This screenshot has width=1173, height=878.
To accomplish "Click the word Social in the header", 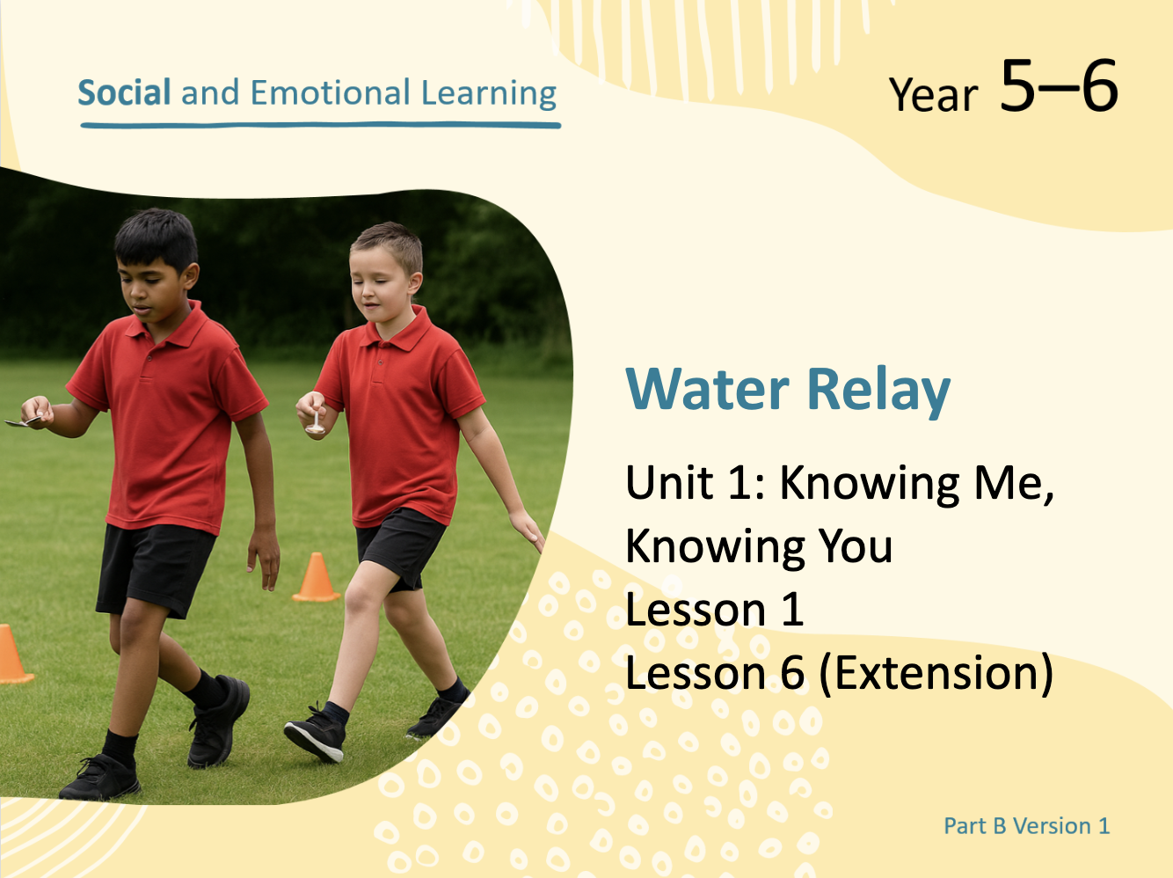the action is tap(124, 92).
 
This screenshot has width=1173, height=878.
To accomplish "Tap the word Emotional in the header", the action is tap(330, 92).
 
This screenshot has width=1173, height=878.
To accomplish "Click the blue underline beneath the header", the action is tap(321, 126).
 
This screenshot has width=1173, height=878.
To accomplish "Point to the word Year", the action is tap(933, 95).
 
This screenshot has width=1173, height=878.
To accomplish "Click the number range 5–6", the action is tap(1059, 85).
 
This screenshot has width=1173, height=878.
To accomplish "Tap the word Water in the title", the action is tap(707, 389).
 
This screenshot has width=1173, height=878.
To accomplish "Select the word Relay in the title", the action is tap(879, 392).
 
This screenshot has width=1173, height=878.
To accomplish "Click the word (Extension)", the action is tap(936, 674).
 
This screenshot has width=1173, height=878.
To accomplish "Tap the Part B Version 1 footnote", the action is tap(1026, 826).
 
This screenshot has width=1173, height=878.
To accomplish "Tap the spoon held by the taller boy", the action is tap(21, 422).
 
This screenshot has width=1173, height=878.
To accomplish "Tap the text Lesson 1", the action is tap(715, 610).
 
